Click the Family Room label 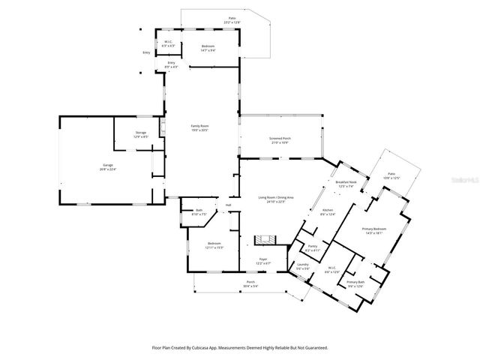click(x=199, y=127)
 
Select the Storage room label click(x=141, y=135)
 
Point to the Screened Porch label click(x=279, y=140)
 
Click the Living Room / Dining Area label click(x=276, y=199)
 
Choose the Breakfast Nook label click(x=346, y=184)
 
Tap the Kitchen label click(x=328, y=212)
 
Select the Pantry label click(x=312, y=247)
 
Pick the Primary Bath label click(x=355, y=283)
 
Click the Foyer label click(x=263, y=260)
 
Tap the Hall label click(x=229, y=205)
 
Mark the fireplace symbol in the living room click(x=265, y=239)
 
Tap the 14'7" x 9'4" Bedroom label click(x=208, y=48)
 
